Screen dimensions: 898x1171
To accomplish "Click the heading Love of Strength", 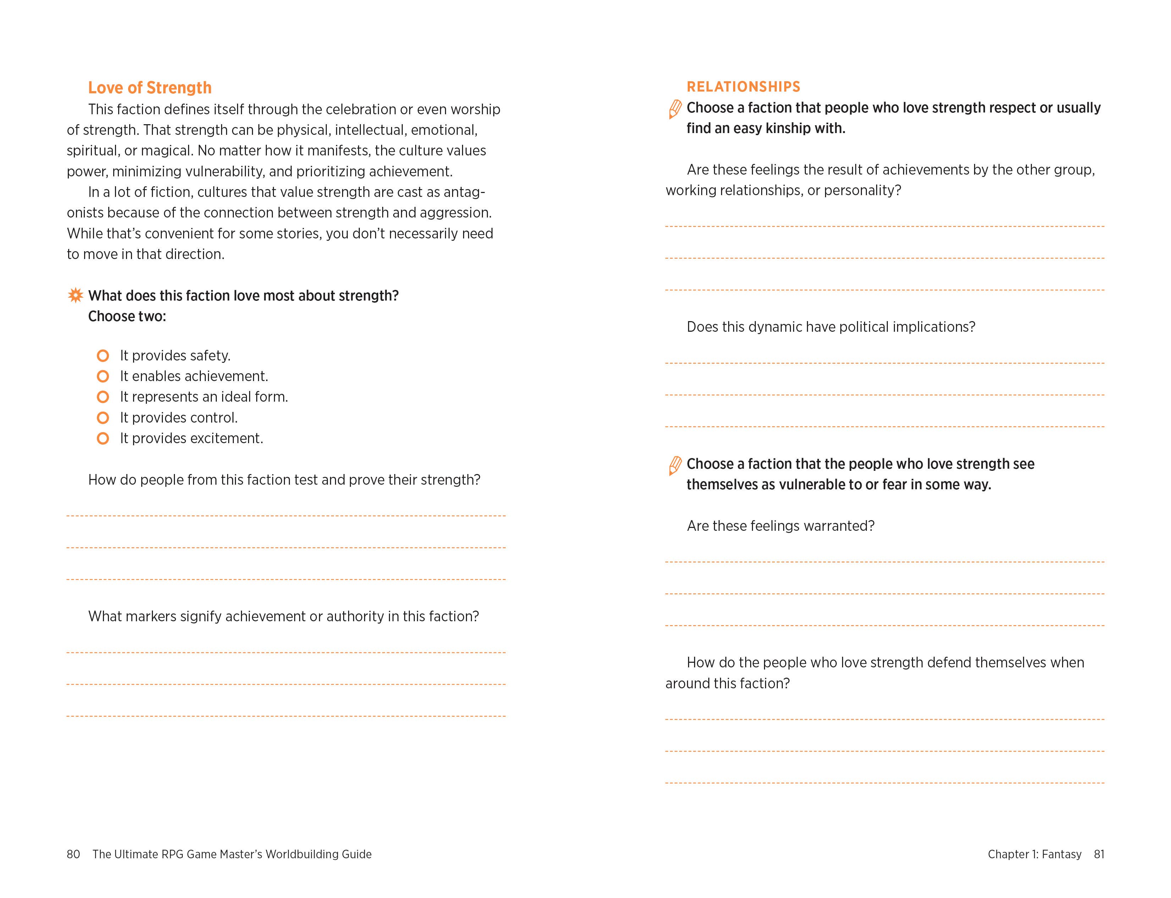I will pos(150,88).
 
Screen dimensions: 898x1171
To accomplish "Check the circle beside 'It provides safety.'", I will pos(103,356).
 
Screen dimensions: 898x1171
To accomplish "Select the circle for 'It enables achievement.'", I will pos(103,376).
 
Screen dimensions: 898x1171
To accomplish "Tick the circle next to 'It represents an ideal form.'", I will pos(103,397).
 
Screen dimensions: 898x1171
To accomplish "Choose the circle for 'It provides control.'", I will pos(103,418).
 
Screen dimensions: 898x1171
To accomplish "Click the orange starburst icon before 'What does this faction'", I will pos(75,295).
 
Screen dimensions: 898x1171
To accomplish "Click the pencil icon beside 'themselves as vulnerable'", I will pos(675,465).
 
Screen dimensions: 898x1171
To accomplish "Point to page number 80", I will pos(73,854).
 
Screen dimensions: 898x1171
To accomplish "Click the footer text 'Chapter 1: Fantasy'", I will pos(1034,854).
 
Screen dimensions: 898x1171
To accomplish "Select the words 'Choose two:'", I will pos(127,316).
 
